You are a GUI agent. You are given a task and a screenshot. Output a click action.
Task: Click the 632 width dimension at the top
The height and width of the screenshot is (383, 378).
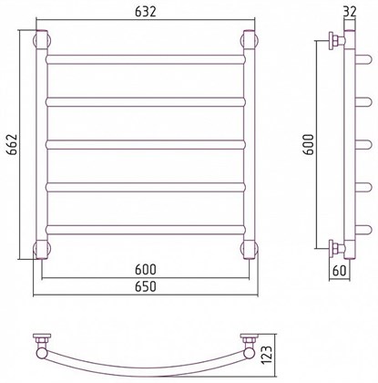(x=146, y=12)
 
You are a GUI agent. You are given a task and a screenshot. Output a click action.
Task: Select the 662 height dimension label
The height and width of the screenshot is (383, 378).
(x=13, y=144)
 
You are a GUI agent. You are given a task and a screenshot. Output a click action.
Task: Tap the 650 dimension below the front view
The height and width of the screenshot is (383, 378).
(x=146, y=286)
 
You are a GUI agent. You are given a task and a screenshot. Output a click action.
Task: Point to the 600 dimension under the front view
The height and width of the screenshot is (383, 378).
(x=146, y=269)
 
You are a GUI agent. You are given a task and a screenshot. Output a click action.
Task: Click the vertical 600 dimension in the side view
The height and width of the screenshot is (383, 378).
(x=309, y=144)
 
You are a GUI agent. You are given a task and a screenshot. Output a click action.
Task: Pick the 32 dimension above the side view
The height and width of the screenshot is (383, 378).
(x=350, y=12)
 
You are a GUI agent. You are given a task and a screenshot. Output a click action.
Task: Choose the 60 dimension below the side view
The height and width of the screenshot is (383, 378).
(x=339, y=271)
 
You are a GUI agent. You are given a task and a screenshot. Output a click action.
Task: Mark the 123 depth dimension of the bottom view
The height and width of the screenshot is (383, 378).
(x=268, y=357)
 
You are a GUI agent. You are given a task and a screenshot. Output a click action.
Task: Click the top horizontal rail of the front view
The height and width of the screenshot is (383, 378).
(x=146, y=59)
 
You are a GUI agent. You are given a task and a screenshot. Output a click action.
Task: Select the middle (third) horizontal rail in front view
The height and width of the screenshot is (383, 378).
(x=146, y=144)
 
